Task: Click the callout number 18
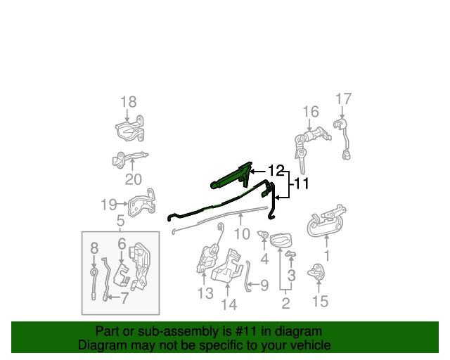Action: pos(128,102)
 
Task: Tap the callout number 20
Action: pos(134,179)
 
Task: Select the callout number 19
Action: pos(109,205)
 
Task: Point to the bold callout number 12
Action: pos(276,171)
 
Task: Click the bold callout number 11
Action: pos(302,184)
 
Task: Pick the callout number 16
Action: pos(311,112)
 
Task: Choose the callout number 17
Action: pos(344,98)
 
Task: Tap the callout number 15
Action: pos(320,301)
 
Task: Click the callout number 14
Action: pos(229,304)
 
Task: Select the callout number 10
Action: pos(242,234)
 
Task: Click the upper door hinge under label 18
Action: pos(129,129)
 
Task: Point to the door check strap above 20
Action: pos(129,159)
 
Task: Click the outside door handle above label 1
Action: pos(326,221)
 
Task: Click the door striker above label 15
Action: pos(316,271)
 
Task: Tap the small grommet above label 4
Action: pos(263,235)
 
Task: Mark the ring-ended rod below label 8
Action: pos(94,283)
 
